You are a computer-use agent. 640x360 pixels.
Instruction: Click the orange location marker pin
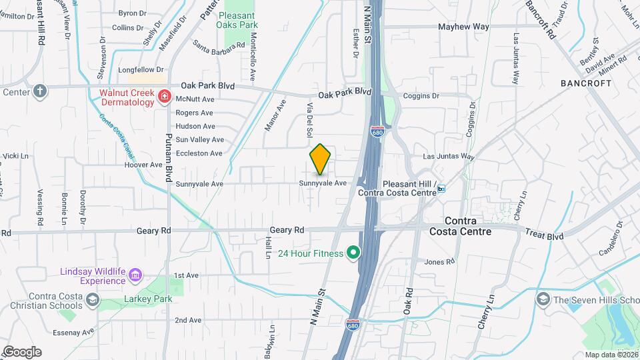321,159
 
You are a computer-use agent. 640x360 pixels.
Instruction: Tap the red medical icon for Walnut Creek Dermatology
163,98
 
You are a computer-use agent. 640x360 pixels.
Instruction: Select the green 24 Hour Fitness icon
353,253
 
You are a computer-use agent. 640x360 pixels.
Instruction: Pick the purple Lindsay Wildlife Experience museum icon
135,275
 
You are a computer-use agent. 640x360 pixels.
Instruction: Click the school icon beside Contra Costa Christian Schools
92,301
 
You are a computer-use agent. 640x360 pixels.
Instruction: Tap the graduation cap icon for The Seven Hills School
543,298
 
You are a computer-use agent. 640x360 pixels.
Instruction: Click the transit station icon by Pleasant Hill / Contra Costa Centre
441,189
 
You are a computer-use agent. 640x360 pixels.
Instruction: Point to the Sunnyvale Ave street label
323,183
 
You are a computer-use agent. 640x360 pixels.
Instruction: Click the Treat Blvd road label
544,236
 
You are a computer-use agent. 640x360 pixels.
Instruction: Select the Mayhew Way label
463,27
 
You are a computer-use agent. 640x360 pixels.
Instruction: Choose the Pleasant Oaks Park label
237,19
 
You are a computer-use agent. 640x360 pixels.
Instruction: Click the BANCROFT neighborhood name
586,83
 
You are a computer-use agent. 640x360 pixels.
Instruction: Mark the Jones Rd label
439,262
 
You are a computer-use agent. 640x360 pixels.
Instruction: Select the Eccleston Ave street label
198,153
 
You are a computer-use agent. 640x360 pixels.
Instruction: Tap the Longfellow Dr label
140,69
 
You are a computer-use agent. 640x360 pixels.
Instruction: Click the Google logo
22,352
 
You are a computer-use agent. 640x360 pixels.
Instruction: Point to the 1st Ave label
187,275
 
